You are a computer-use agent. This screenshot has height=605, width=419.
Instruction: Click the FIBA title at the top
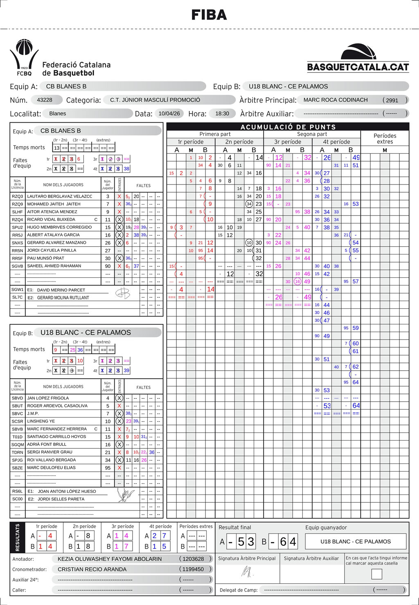coord(209,15)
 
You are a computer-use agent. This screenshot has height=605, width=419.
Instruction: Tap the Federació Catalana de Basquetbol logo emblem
coord(24,58)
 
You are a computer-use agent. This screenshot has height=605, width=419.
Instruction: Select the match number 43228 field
coord(45,100)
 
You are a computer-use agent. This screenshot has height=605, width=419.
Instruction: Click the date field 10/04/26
coord(169,113)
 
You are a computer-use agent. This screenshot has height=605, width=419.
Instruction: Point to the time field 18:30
coord(222,113)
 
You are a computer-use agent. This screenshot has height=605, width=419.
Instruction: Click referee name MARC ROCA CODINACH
coord(336,100)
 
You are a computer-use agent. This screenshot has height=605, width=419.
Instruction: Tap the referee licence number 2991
coord(392,100)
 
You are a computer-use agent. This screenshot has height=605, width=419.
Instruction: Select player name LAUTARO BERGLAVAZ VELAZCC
coord(60,196)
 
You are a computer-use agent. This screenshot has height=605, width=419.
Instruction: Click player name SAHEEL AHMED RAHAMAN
coord(54,266)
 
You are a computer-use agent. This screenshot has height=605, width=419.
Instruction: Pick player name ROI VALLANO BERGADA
coord(52,460)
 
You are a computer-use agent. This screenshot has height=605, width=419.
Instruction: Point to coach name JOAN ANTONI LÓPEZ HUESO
coord(67,491)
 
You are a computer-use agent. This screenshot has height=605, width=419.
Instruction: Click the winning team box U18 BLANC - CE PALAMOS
coord(356,542)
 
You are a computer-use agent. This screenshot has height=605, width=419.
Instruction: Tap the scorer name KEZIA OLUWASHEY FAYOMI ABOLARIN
coord(110,559)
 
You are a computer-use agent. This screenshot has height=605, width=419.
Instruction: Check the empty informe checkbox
coord(376,574)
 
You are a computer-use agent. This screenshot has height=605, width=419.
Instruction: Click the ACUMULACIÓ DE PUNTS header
coord(288,127)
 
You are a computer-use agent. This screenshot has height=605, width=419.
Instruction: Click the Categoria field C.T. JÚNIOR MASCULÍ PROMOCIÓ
coord(155,100)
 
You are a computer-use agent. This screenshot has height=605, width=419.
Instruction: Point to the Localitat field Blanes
coord(58,113)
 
